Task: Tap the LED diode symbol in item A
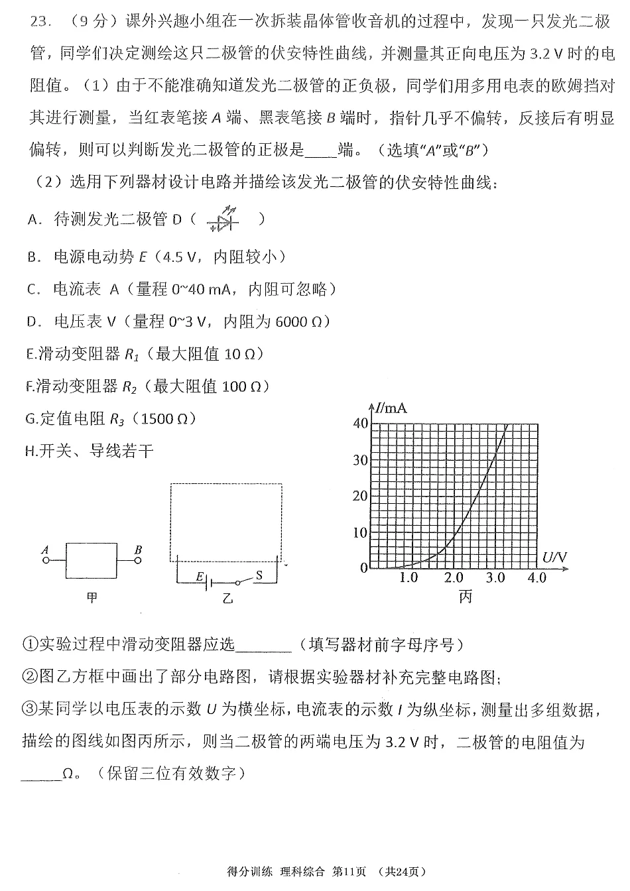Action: tap(222, 219)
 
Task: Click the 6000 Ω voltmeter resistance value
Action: tap(298, 322)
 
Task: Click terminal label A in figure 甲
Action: tap(45, 549)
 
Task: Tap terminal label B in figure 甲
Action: tap(138, 549)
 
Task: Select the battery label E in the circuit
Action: tap(199, 577)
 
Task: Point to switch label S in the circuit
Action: tap(259, 575)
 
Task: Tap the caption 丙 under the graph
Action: tap(466, 597)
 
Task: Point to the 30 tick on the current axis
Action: tap(359, 459)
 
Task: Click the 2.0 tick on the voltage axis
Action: tap(453, 578)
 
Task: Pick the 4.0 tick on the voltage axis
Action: tap(536, 578)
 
